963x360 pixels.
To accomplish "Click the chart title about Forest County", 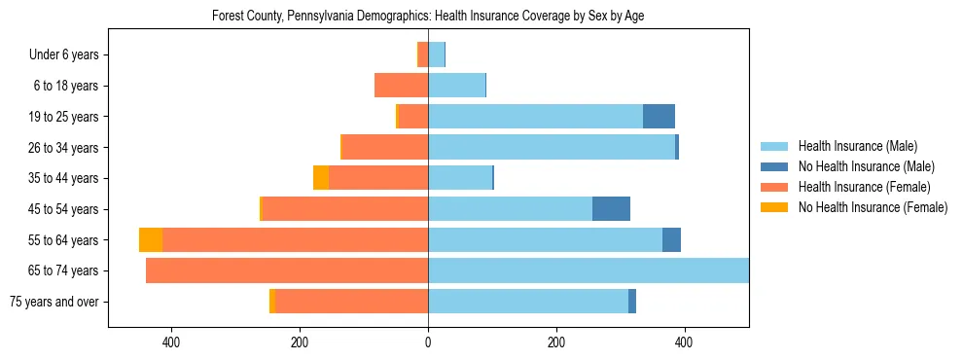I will click(x=428, y=16).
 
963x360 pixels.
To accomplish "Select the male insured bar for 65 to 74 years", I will click(x=588, y=270).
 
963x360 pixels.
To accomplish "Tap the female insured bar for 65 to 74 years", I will click(x=287, y=270).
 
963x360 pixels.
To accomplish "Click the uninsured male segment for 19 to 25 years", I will click(x=659, y=117).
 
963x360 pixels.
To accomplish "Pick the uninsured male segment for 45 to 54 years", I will click(x=611, y=209).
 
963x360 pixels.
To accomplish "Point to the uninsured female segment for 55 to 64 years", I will click(x=151, y=240).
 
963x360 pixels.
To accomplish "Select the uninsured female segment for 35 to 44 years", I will click(x=320, y=178).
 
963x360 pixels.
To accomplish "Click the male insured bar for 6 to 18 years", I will click(x=456, y=86).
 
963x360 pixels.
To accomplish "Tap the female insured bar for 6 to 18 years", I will click(x=401, y=86).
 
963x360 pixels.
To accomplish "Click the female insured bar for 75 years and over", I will click(x=351, y=302).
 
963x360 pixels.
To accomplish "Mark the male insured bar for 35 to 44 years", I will click(x=460, y=178).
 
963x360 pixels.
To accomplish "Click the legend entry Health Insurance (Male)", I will click(x=857, y=146).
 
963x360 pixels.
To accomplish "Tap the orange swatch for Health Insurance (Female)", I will click(x=774, y=187).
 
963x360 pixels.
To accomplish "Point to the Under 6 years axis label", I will click(x=70, y=55).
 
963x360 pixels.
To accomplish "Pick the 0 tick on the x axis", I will click(x=428, y=342).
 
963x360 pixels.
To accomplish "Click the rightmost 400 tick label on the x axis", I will click(x=684, y=342).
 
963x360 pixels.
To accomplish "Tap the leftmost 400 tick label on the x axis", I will click(x=171, y=342).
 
